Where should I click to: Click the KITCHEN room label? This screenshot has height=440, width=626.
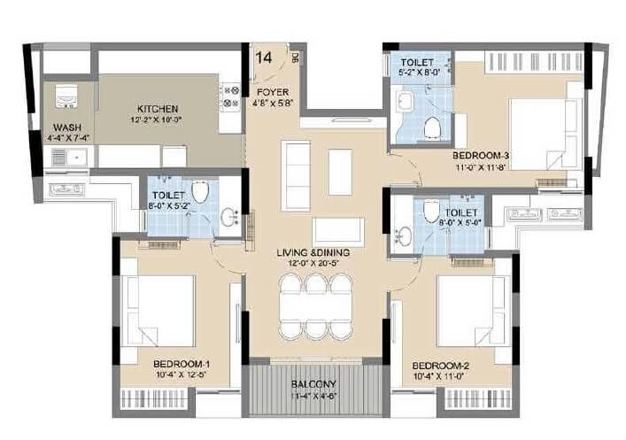158,108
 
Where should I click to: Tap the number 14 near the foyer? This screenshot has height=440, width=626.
264,58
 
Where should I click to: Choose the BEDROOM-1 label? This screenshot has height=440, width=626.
180,363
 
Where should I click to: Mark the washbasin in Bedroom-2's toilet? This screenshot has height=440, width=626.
405,235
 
